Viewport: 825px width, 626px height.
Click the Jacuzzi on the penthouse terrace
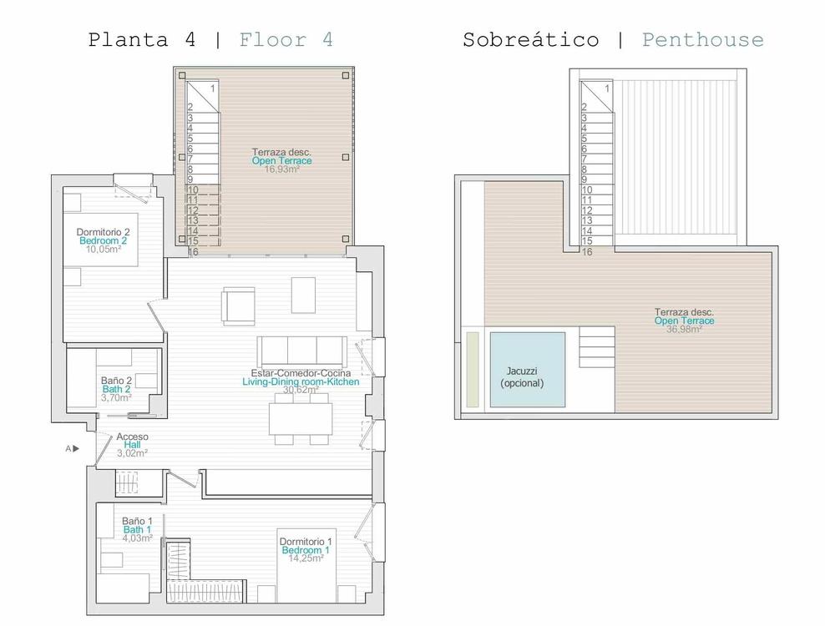point(528,369)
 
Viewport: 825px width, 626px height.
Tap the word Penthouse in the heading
point(703,40)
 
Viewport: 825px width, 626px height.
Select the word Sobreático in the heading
point(531,40)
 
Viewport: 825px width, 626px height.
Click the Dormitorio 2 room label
point(104,232)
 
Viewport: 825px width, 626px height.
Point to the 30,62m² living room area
point(301,390)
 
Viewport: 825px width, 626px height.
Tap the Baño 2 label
point(116,381)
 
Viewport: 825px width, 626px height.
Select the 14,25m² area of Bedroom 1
point(306,558)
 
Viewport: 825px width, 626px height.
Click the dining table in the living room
point(301,419)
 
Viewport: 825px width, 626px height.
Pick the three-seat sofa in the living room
point(302,352)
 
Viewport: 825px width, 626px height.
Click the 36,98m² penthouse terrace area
point(684,330)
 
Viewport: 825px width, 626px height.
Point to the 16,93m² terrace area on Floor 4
point(282,169)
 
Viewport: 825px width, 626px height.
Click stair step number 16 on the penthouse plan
point(587,252)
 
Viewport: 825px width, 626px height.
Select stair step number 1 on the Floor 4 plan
point(213,88)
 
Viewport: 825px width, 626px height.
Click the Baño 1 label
point(137,521)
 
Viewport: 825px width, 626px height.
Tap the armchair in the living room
point(239,305)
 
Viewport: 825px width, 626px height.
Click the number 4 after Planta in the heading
point(190,40)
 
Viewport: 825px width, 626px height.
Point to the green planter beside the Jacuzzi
point(473,369)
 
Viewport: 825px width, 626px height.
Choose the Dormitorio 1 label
point(306,542)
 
